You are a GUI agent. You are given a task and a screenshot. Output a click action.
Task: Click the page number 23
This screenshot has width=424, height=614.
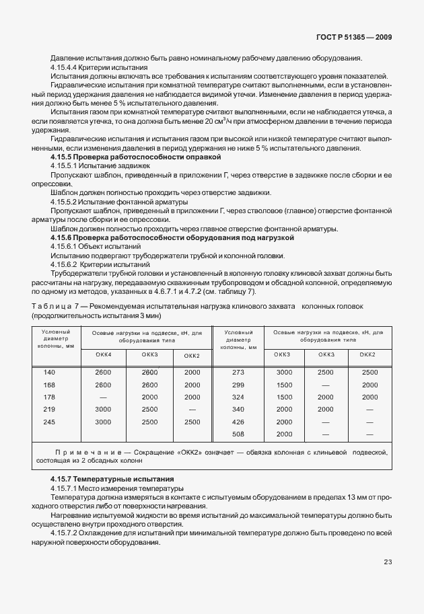388,562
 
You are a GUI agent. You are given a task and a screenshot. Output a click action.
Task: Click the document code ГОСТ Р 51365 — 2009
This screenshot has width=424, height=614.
355,39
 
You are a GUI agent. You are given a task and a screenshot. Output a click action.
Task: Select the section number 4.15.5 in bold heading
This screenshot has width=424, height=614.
63,156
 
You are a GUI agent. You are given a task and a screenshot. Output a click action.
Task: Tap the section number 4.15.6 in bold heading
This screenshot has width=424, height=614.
63,237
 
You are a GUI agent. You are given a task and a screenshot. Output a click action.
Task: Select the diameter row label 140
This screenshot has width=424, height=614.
49,372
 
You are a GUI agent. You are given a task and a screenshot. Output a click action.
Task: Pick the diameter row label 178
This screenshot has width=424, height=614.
49,397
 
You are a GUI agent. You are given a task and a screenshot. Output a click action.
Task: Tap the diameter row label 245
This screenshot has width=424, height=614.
49,422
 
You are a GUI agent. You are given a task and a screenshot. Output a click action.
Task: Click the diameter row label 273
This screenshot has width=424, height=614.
238,372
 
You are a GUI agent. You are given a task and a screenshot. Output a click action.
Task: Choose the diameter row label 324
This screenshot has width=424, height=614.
238,397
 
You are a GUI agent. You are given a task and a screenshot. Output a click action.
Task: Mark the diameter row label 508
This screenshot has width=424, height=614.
238,434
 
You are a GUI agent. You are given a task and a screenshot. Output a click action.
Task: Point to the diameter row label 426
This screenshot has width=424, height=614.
238,422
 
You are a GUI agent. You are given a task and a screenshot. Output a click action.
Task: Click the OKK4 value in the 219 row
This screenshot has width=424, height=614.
103,409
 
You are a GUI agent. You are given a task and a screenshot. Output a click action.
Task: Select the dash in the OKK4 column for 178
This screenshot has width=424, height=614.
103,397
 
